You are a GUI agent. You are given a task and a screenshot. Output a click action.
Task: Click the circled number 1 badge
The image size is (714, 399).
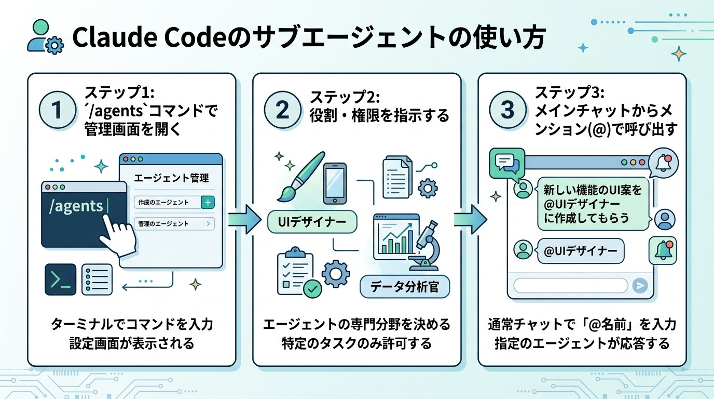[x=58, y=110]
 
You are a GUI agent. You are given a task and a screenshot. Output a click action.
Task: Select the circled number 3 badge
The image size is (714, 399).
[x=507, y=110]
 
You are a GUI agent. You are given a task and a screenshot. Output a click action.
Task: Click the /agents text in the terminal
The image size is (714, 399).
[x=76, y=206]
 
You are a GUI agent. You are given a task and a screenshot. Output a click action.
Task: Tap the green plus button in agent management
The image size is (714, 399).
[x=208, y=203]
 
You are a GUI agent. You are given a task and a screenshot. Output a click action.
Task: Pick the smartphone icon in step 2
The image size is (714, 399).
[x=335, y=184]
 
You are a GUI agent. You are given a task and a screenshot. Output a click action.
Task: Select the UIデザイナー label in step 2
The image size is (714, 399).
[x=312, y=222]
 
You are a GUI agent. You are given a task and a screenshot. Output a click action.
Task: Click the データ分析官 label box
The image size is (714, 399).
[x=405, y=286]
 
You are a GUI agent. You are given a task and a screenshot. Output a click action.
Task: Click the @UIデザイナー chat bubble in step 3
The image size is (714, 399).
[x=581, y=251]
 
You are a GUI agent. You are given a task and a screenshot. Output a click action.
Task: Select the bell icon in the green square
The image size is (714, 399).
[x=663, y=251]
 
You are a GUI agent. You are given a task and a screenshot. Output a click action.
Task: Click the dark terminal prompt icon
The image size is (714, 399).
[x=60, y=280]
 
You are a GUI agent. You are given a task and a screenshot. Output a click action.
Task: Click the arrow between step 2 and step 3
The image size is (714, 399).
[x=470, y=218]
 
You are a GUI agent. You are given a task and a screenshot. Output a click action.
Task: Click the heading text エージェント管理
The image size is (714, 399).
[x=171, y=178]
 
